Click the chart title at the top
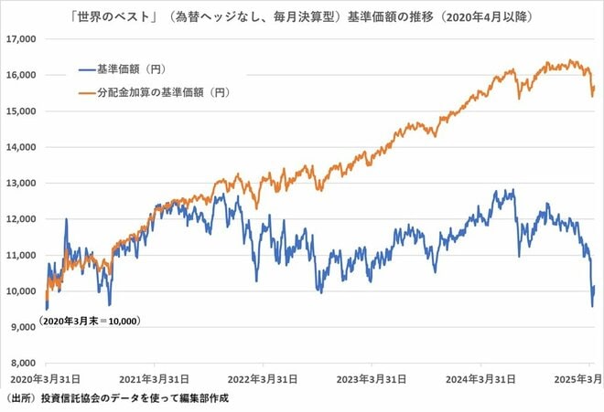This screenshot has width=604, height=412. [x=301, y=16]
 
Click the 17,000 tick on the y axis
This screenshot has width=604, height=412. [x=21, y=39]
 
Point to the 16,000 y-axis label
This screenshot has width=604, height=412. [x=21, y=75]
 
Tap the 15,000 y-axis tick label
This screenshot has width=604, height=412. [x=21, y=111]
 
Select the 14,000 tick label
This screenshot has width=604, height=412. [x=21, y=147]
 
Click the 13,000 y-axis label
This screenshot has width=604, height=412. [x=21, y=183]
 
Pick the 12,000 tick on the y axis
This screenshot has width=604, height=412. [x=21, y=219]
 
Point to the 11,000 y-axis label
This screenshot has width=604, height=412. [x=21, y=255]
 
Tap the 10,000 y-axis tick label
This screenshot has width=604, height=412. [x=21, y=291]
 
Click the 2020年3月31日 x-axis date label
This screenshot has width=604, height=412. [x=46, y=378]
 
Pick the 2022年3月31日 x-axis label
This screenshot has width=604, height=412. [x=263, y=378]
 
